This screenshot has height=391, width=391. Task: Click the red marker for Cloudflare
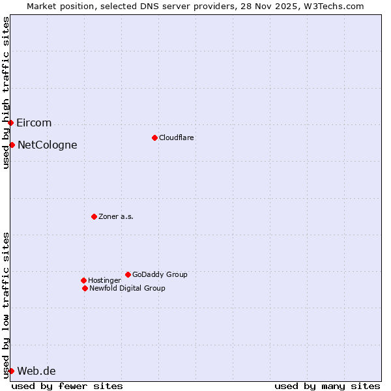point(154,138)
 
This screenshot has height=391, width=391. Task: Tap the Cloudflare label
point(176,138)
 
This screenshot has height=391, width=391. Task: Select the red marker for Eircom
point(10,123)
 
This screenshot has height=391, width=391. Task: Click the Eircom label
point(34,123)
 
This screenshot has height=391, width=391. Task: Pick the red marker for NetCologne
point(12,145)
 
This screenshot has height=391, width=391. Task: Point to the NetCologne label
point(47,145)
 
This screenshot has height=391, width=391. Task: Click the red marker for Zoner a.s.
point(94,216)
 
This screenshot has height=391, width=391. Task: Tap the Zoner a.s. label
point(116,216)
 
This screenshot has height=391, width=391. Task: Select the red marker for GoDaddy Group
point(128,274)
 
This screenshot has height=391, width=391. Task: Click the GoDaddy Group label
point(160,274)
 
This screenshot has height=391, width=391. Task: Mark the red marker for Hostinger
point(83,280)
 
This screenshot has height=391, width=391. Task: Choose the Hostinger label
point(104,280)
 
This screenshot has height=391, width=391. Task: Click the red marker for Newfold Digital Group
point(85,288)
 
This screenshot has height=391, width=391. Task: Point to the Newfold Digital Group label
point(127,288)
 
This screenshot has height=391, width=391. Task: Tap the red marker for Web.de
point(11,371)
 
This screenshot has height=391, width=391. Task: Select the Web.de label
point(36,371)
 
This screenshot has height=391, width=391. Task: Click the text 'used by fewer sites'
point(67,386)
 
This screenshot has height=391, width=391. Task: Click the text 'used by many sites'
point(327,386)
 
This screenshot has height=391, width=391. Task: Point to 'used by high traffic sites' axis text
point(6,93)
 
